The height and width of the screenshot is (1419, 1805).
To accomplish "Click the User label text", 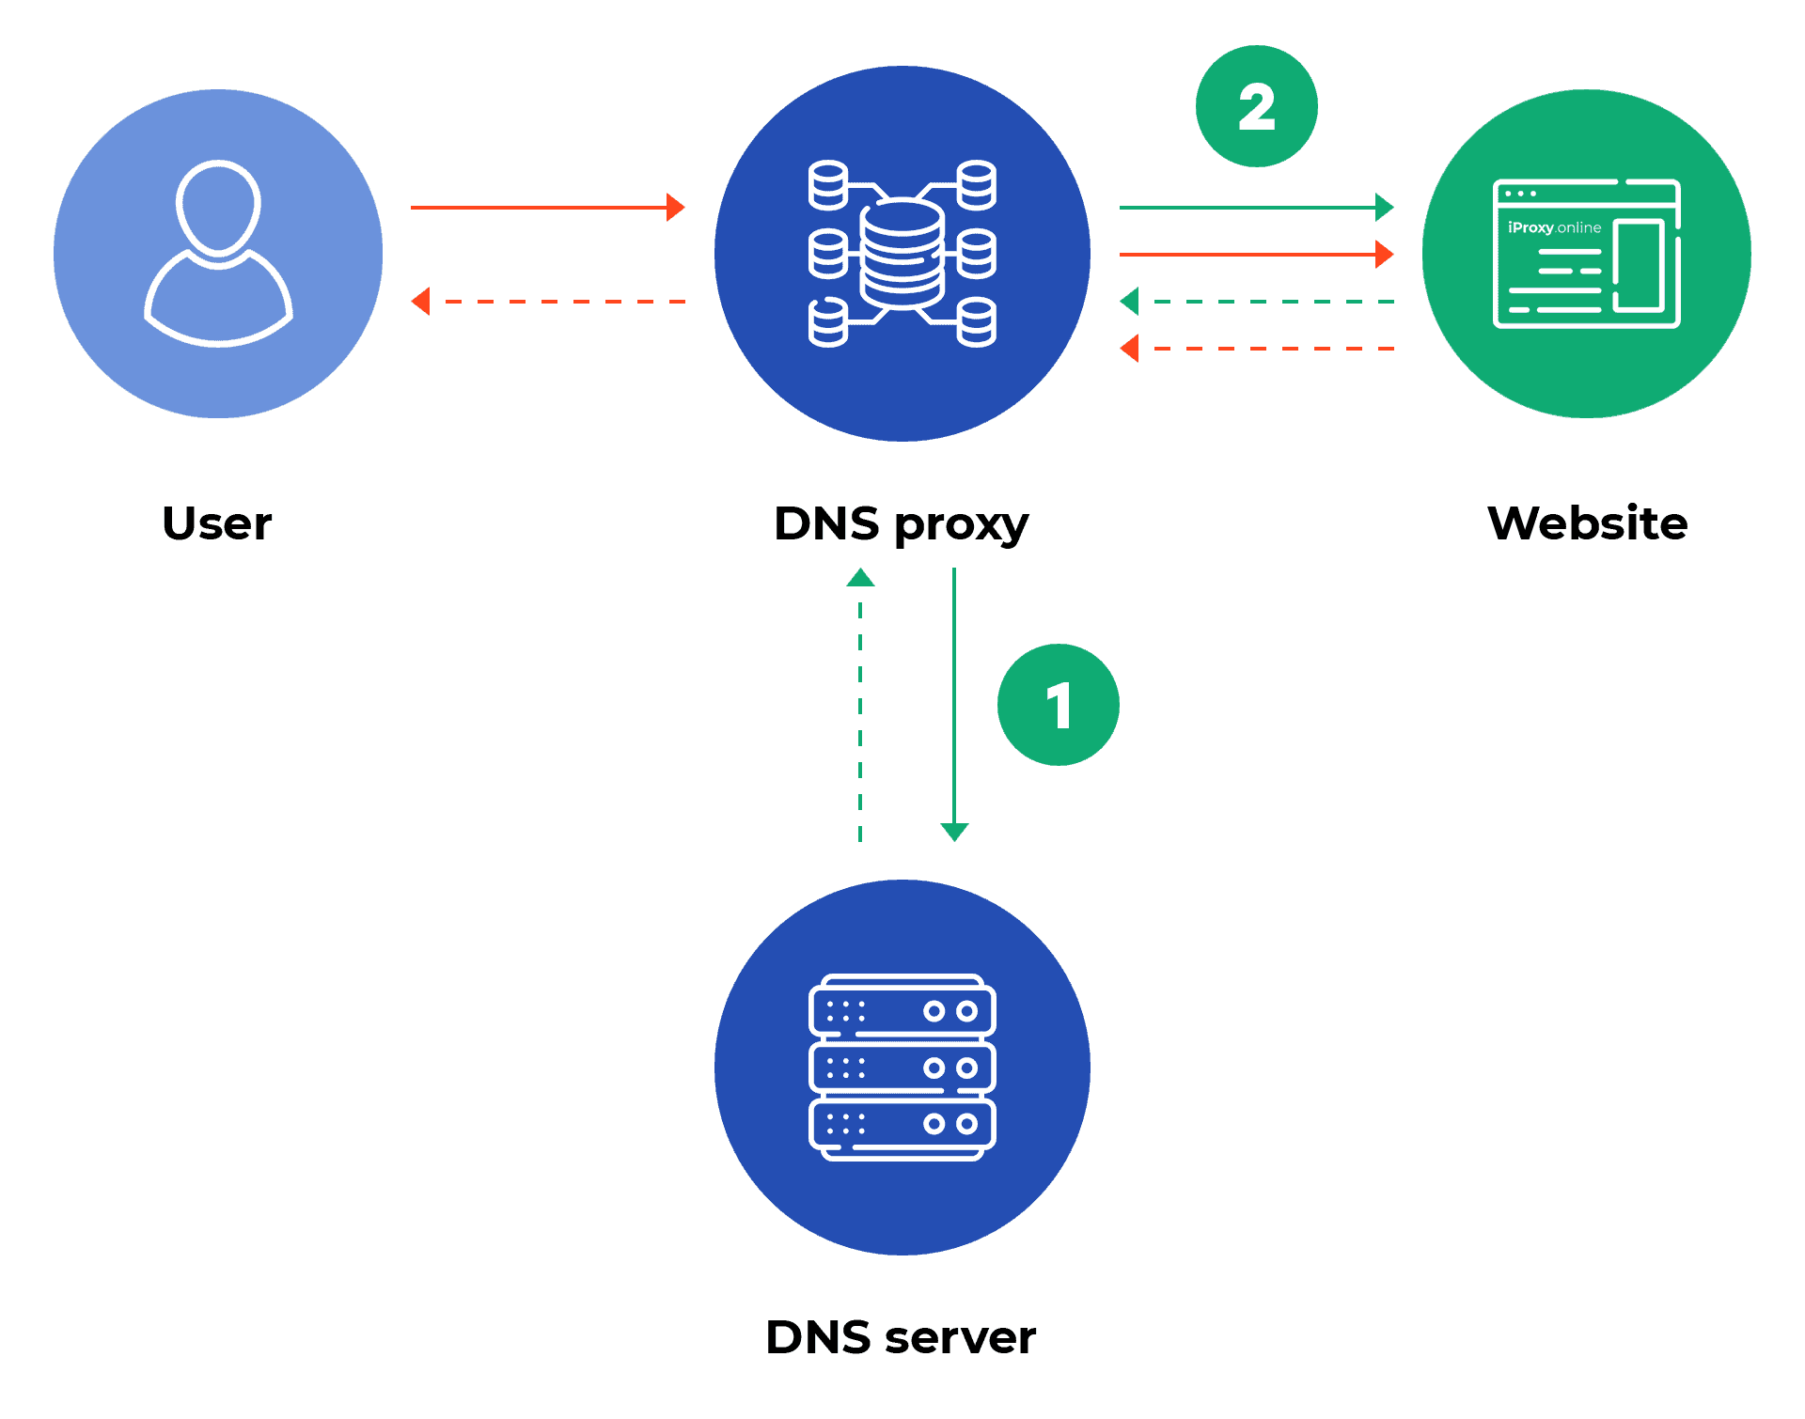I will (x=216, y=523).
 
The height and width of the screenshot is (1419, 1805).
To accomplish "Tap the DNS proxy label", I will (x=901, y=523).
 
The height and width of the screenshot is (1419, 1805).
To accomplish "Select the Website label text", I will (x=1587, y=523).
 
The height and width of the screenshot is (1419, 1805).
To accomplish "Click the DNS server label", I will (x=901, y=1337).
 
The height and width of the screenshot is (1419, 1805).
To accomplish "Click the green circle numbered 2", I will (x=1256, y=106).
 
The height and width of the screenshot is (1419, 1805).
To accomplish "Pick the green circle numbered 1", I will (x=1058, y=705).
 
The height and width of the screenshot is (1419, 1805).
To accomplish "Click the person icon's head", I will (x=218, y=207).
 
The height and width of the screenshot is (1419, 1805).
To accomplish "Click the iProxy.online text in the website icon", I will (x=1554, y=227).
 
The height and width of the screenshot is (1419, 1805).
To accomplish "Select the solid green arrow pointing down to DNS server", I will (x=954, y=705).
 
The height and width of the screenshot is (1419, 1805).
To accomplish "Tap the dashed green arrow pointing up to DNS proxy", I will (x=860, y=705).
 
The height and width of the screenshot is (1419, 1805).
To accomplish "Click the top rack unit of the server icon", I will (x=902, y=1011).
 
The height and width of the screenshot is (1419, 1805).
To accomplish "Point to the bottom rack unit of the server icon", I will (x=902, y=1124).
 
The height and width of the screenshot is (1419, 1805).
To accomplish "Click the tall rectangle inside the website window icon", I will (x=1640, y=265).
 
